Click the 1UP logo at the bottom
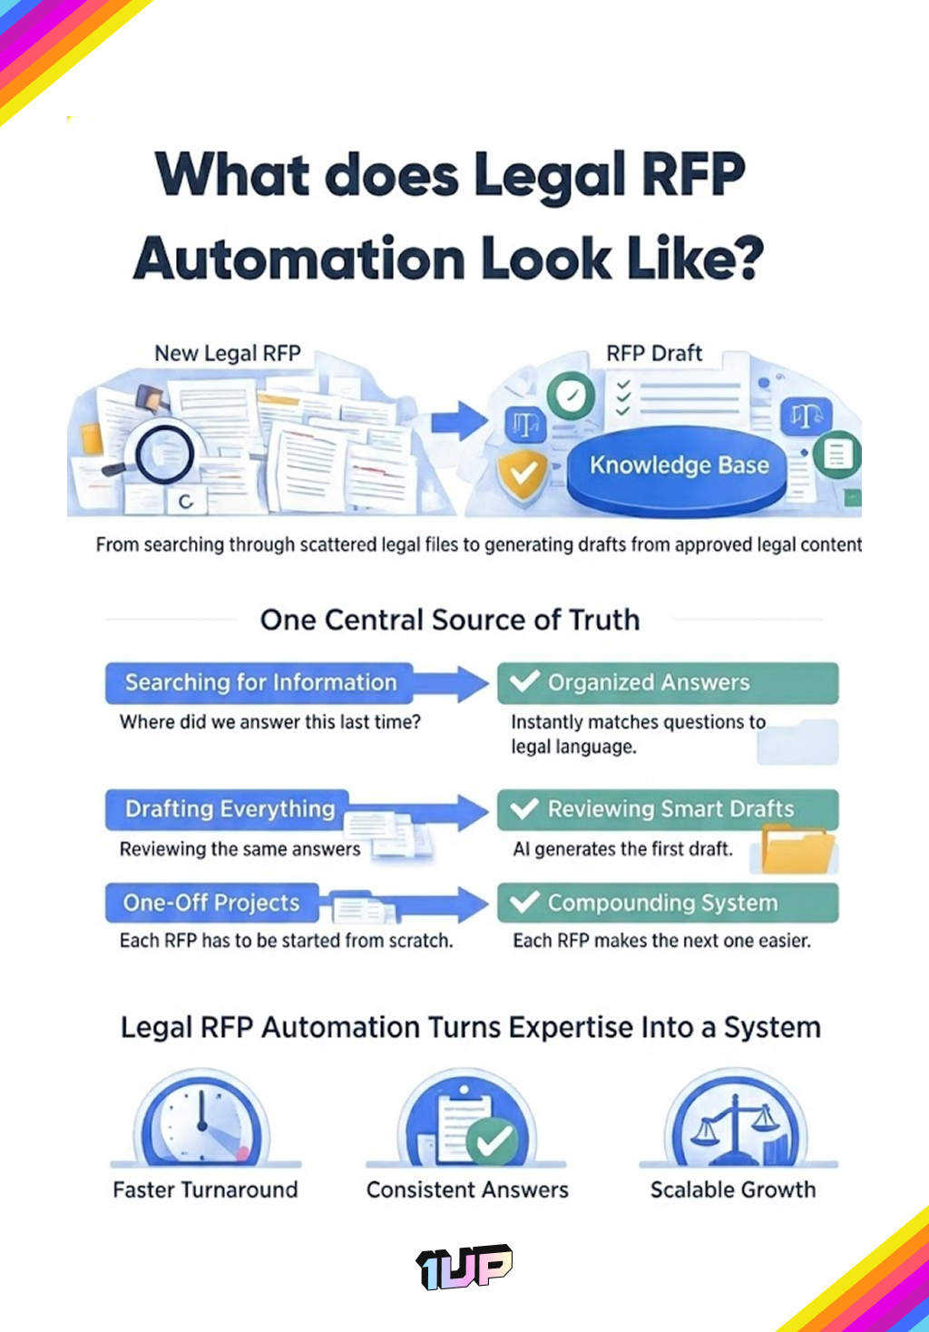click(x=464, y=1266)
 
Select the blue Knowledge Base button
click(x=678, y=465)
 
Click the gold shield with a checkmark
click(x=523, y=475)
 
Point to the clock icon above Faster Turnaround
click(x=203, y=1120)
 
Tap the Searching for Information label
click(x=260, y=682)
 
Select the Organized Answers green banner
click(x=667, y=682)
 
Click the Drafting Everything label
click(x=230, y=808)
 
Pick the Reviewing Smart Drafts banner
click(x=667, y=808)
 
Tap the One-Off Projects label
click(x=211, y=903)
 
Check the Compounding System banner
click(x=667, y=903)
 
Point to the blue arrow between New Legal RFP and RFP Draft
click(x=459, y=420)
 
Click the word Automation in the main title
click(x=299, y=259)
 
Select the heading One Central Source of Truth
click(x=450, y=620)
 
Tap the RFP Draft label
click(x=654, y=353)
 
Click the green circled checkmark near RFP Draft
click(x=571, y=396)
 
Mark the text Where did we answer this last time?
click(x=270, y=722)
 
